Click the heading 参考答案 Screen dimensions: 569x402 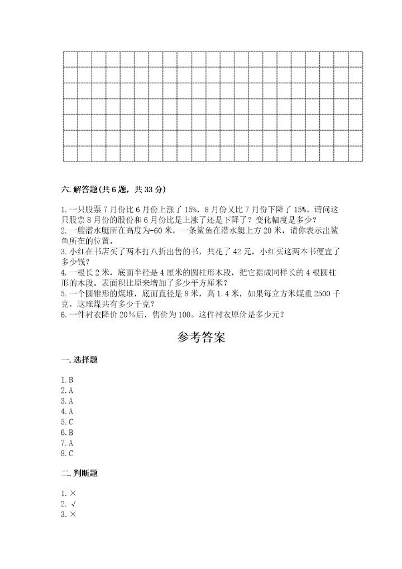pyautogui.click(x=201, y=338)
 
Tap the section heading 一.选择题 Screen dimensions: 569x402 pyautogui.click(x=79, y=361)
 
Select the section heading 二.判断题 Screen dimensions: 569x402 pyautogui.click(x=79, y=473)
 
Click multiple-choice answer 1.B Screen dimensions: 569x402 pyautogui.click(x=67, y=380)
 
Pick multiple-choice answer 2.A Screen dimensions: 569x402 pyautogui.click(x=67, y=391)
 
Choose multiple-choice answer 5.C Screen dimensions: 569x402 pyautogui.click(x=67, y=422)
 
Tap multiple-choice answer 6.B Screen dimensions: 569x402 pyautogui.click(x=67, y=433)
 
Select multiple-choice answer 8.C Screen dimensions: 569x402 pyautogui.click(x=67, y=453)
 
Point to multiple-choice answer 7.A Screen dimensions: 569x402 pyautogui.click(x=67, y=443)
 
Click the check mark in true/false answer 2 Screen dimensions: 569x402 pyautogui.click(x=73, y=504)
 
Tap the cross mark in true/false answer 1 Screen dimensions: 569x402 pyautogui.click(x=73, y=493)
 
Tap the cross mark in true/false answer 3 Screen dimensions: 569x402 pyautogui.click(x=73, y=514)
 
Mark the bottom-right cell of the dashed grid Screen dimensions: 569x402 pyautogui.click(x=356, y=154)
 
